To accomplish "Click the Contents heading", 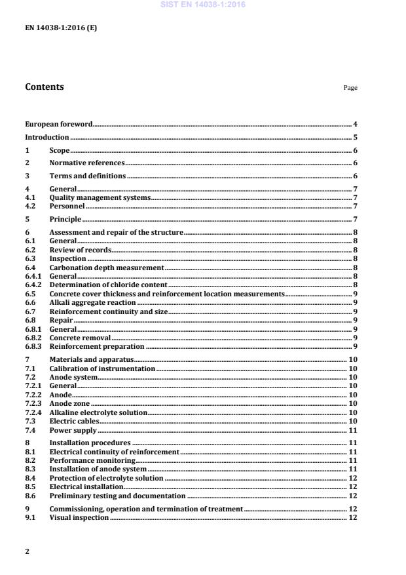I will click(x=45, y=87).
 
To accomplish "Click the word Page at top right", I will click(x=350, y=88).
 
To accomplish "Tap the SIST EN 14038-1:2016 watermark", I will click(x=203, y=5).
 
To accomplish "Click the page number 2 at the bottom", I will click(x=27, y=551).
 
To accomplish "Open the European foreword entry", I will click(x=58, y=124).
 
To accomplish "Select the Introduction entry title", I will click(x=46, y=137).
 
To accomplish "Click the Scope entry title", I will click(x=60, y=150).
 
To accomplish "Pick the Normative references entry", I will click(x=86, y=163).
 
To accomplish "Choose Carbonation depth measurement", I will click(x=106, y=268).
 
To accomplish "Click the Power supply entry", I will click(x=73, y=430).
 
